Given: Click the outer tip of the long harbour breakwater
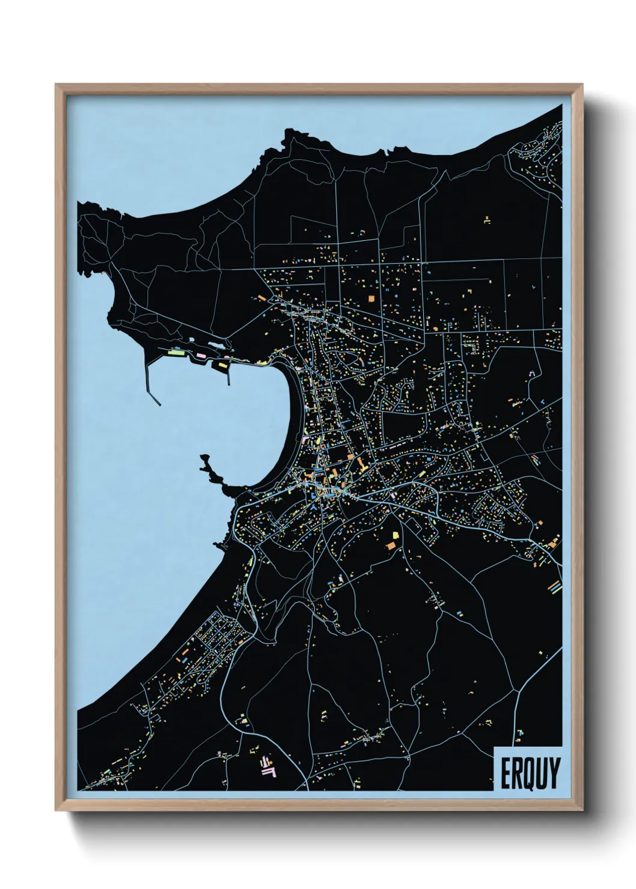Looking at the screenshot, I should [159, 404].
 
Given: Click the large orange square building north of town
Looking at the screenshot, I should [371, 297].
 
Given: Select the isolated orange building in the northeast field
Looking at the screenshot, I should [487, 220].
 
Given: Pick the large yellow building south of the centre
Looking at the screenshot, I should [396, 535].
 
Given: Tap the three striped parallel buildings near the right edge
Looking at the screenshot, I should [554, 586].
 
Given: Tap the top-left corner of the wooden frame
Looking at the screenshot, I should [57, 85].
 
